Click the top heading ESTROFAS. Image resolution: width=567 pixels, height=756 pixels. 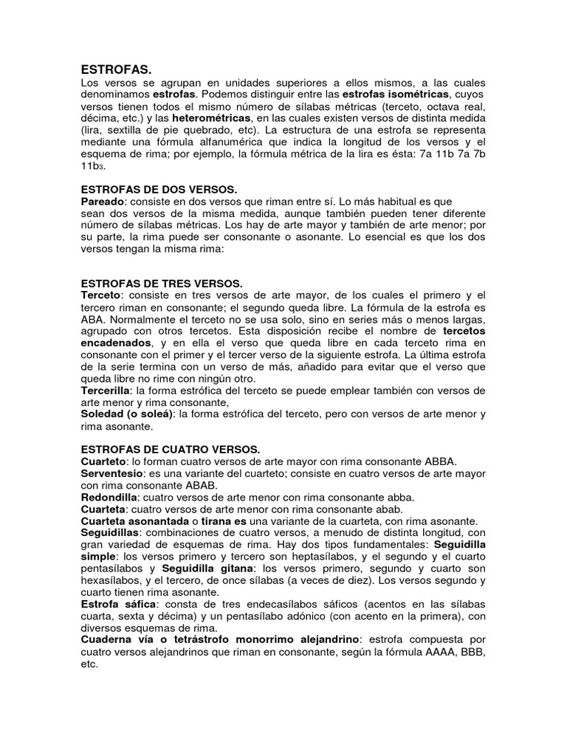tap(114, 69)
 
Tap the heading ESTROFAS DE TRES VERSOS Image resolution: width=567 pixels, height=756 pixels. tap(161, 283)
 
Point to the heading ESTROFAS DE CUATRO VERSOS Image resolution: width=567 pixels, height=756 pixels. tap(170, 449)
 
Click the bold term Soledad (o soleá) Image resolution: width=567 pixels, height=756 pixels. tap(126, 414)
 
